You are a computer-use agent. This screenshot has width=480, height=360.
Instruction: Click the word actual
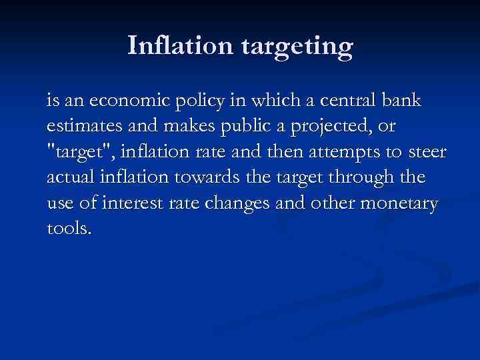click(69, 178)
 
